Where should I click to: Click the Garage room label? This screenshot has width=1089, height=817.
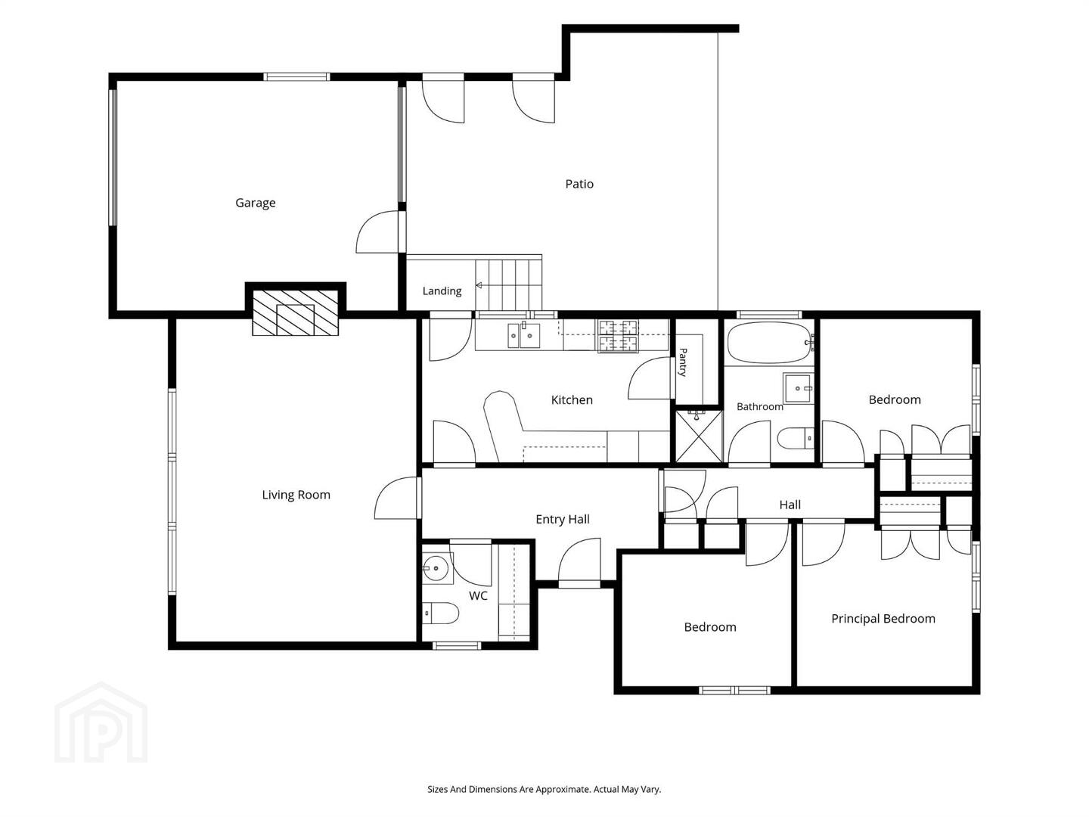click(x=255, y=203)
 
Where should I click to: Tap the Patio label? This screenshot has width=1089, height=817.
click(x=579, y=184)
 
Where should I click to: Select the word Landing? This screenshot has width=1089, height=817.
click(x=442, y=291)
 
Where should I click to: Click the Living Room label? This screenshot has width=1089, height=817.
click(x=296, y=495)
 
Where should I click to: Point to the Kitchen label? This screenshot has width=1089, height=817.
click(x=572, y=400)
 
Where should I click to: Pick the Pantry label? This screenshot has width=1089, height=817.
click(x=683, y=362)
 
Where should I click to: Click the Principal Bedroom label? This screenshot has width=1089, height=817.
click(x=883, y=619)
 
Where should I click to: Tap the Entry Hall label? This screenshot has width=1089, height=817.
click(x=563, y=520)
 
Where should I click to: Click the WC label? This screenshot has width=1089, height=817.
click(x=478, y=596)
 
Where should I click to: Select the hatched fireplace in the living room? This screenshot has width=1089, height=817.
click(x=295, y=312)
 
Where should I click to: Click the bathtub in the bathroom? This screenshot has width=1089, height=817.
click(x=771, y=343)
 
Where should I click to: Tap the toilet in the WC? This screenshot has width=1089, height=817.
click(x=440, y=614)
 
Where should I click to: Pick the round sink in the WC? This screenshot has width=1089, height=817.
click(x=437, y=568)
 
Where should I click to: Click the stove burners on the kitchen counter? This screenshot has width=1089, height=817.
click(x=618, y=336)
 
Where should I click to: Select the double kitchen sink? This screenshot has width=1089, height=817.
click(x=523, y=335)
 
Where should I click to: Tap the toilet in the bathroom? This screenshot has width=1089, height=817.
click(x=796, y=438)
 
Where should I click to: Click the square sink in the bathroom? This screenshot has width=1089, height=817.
click(x=799, y=388)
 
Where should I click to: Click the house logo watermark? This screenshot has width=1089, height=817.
click(x=101, y=722)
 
